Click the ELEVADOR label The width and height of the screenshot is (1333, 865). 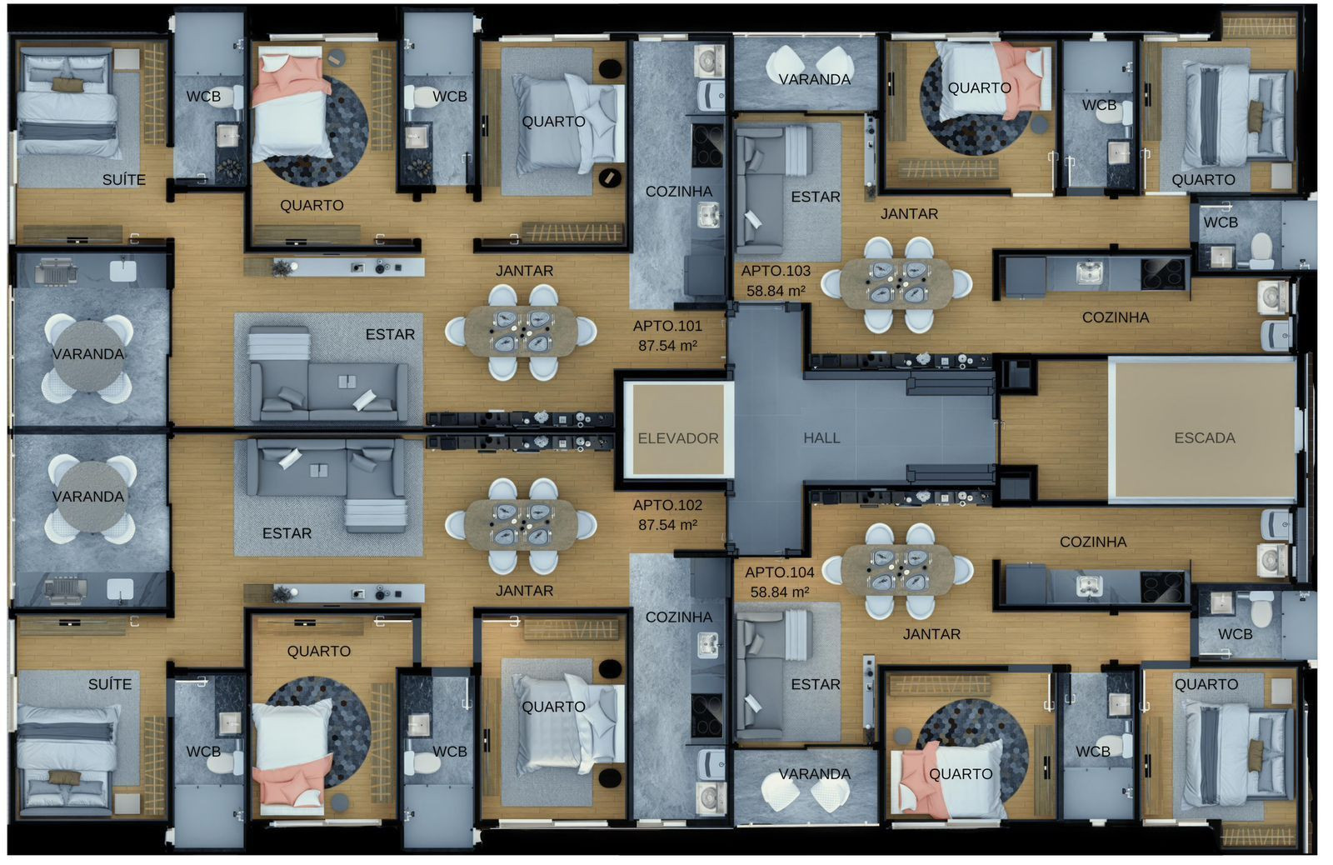[678, 439]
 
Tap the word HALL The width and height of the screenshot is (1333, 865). [821, 438]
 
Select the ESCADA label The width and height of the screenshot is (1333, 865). [1205, 438]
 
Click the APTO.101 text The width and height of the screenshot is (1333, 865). [667, 326]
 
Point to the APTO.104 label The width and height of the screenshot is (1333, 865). [780, 572]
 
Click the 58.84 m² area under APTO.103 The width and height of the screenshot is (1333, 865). [776, 291]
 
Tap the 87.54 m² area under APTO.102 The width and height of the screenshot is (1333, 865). [667, 525]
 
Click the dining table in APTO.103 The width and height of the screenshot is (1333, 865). [896, 284]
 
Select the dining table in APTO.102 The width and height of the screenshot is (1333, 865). [522, 525]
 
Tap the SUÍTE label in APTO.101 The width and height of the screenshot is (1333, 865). [124, 180]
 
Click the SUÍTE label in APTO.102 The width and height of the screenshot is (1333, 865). [110, 685]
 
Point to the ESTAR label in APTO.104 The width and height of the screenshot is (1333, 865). [816, 685]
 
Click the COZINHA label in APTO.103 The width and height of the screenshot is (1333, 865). [1116, 317]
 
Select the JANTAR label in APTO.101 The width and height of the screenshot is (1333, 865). [525, 271]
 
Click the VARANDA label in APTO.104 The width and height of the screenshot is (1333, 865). [815, 774]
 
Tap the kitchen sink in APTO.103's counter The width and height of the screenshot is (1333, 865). [1091, 272]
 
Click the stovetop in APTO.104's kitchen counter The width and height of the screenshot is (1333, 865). [1161, 587]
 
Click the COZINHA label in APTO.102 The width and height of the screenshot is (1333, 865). [679, 617]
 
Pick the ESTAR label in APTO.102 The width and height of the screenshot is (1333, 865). [287, 533]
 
